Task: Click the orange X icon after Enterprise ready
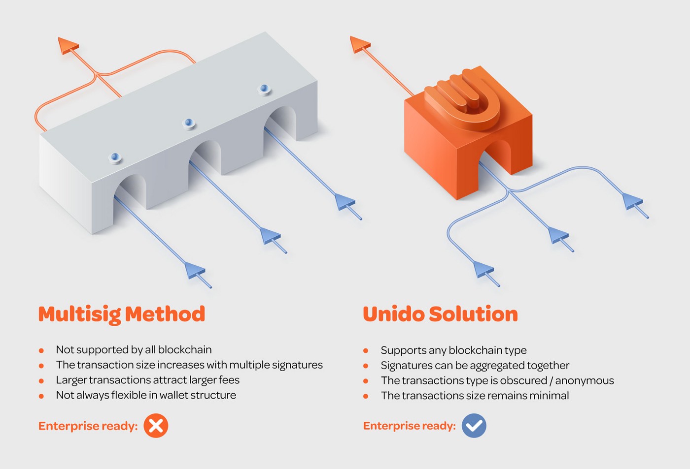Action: coord(156,426)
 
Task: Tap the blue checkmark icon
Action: coord(474,426)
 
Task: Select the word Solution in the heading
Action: coord(473,314)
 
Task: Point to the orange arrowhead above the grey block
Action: coord(68,45)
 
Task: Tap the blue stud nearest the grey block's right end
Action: coord(264,90)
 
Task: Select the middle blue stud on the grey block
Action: coord(189,124)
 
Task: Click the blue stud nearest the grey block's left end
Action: coord(115,158)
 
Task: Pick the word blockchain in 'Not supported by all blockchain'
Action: coord(185,350)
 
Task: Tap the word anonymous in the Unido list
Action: coord(585,381)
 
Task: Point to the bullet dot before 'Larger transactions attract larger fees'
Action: coord(41,381)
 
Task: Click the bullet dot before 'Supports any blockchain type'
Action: coord(366,350)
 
